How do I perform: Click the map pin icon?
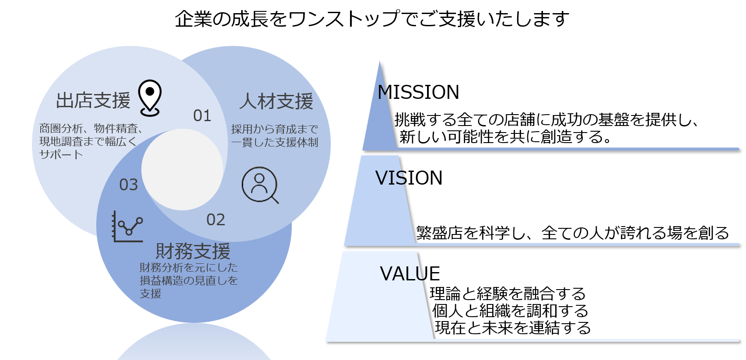[150, 98]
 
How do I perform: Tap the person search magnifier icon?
[260, 185]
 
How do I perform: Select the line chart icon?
[127, 227]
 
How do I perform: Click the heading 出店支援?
[93, 101]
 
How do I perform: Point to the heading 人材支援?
[276, 101]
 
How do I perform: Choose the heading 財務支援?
[193, 251]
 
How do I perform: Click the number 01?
[202, 116]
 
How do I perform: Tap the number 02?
[216, 220]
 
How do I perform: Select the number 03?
[129, 185]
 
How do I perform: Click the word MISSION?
[418, 92]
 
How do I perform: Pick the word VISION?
[409, 178]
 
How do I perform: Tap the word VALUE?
[410, 274]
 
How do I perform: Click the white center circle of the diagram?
[182, 169]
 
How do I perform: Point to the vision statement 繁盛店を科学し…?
[572, 233]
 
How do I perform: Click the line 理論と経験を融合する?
[508, 294]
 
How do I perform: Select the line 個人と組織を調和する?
[510, 311]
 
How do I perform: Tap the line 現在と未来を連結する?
[513, 328]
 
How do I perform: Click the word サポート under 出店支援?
[61, 154]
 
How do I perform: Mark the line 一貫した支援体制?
[274, 142]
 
